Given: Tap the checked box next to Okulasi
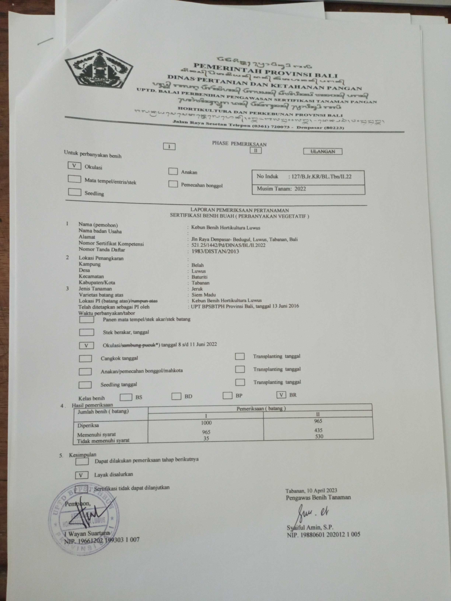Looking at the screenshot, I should [x=74, y=166].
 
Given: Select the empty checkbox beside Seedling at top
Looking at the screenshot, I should [x=75, y=192].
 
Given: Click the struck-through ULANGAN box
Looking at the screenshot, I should [x=323, y=152].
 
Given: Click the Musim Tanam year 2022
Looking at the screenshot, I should [x=300, y=189].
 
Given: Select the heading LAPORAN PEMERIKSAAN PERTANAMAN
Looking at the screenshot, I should [x=239, y=210].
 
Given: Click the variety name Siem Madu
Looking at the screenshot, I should [x=204, y=295].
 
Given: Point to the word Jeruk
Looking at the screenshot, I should [x=197, y=289].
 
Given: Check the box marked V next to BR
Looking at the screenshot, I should [x=281, y=395].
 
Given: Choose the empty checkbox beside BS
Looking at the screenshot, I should [x=126, y=397].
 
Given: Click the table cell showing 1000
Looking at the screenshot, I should [x=206, y=423].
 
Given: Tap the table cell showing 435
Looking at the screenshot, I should [x=318, y=430].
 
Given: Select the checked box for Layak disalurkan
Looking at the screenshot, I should [x=81, y=475].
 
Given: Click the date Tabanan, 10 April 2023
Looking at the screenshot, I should [x=311, y=491].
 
